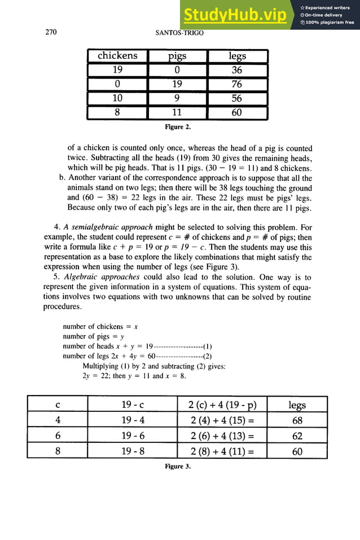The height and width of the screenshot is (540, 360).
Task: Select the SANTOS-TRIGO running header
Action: [x=179, y=33]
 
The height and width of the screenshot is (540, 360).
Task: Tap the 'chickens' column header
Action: [x=117, y=56]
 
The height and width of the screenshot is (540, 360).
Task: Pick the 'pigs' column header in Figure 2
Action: [x=177, y=56]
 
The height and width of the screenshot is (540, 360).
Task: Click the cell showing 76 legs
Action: [x=237, y=84]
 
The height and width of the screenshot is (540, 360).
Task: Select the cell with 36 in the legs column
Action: [x=237, y=70]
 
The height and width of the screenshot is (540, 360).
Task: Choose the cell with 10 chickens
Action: [x=117, y=98]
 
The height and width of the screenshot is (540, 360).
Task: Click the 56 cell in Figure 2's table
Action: [x=237, y=98]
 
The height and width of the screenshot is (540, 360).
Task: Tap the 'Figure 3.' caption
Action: [x=177, y=466]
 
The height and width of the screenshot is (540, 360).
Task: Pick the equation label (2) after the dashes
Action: [x=207, y=356]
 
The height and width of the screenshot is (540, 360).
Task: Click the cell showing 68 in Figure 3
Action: [x=297, y=420]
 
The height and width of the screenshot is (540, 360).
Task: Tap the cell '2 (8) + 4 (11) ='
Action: [x=221, y=451]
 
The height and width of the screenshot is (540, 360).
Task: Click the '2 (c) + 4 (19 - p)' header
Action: [x=221, y=405]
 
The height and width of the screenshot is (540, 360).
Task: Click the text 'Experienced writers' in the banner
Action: [x=328, y=7]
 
